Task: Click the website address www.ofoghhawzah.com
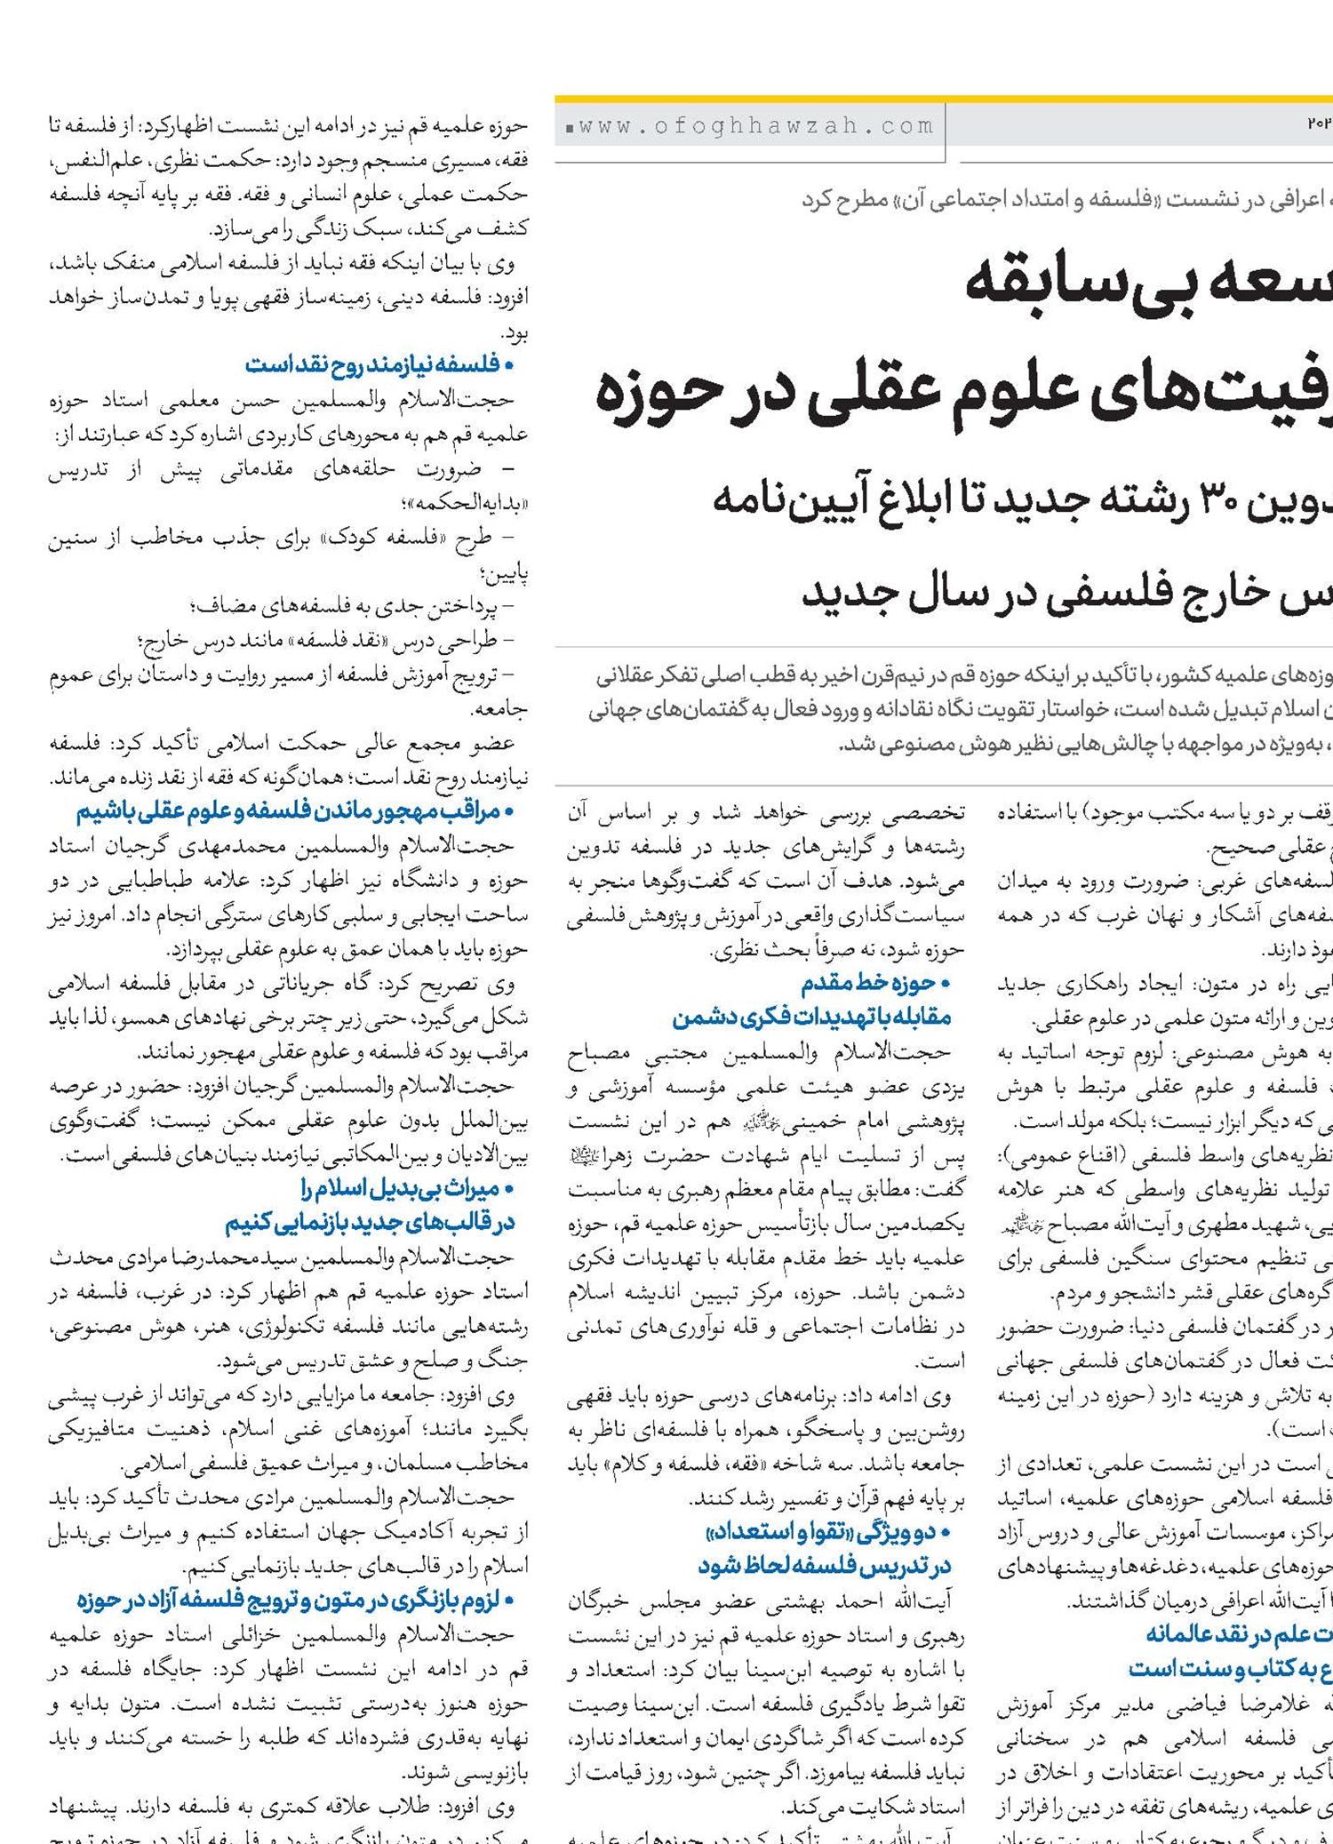(x=756, y=127)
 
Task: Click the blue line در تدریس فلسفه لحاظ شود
(x=824, y=1565)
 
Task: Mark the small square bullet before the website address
(x=569, y=130)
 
